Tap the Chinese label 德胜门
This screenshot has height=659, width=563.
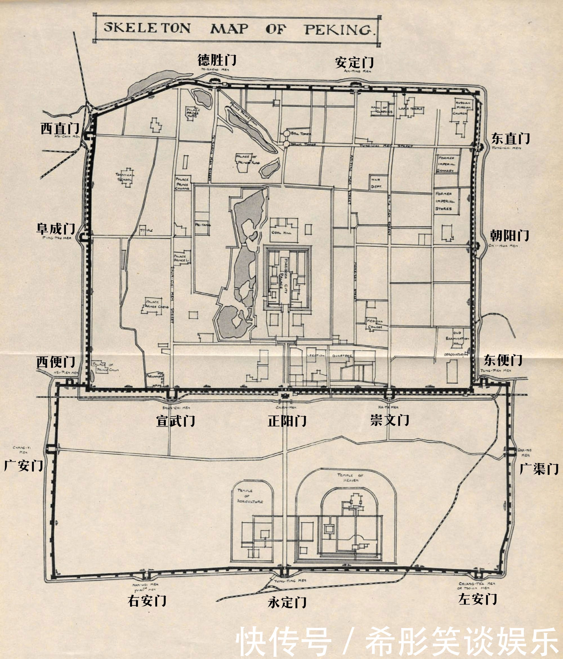[x=217, y=59]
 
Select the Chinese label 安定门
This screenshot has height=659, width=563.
[x=354, y=62]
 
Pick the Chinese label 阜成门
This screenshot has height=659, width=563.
[x=56, y=228]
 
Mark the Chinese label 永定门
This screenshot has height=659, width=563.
[x=287, y=602]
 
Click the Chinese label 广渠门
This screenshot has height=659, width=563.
[x=539, y=469]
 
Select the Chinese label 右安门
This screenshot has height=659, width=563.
[x=147, y=601]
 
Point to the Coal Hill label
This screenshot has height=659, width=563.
[x=281, y=232]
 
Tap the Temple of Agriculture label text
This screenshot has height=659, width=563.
[x=250, y=496]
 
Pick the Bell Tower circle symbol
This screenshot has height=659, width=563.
[x=287, y=134]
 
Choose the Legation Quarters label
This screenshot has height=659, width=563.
[x=330, y=356]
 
